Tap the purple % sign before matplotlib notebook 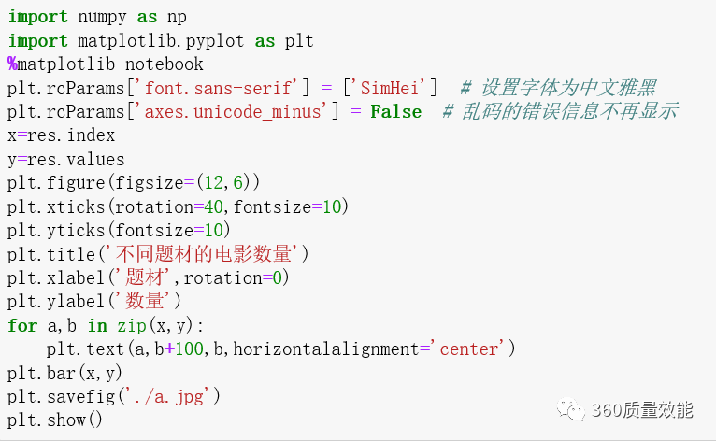12,64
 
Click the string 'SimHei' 390,88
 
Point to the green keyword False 395,111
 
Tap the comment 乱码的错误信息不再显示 561,111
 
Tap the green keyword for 22,325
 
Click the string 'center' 466,349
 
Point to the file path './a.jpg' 175,396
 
